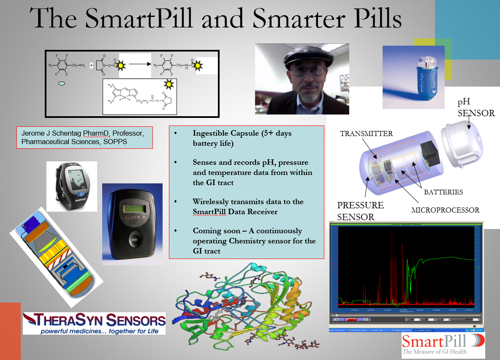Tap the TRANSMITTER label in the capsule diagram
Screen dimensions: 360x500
[x=367, y=134]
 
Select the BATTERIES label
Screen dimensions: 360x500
[x=443, y=192]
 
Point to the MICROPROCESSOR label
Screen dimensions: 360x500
[x=446, y=210]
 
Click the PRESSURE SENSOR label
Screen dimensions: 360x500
[x=360, y=211]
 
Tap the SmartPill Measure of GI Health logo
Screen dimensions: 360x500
[x=443, y=345]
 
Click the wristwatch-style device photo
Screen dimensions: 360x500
[x=71, y=186]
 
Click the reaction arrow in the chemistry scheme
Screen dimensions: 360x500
[x=140, y=65]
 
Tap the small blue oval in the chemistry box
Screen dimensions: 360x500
[x=62, y=84]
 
